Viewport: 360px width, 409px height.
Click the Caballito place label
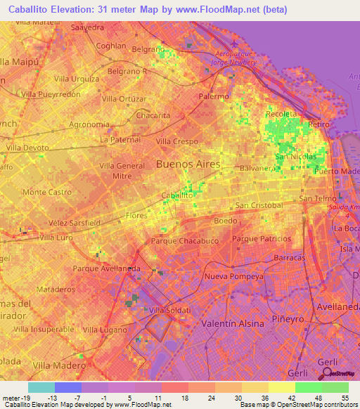point(177,195)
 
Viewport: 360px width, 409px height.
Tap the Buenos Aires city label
point(188,164)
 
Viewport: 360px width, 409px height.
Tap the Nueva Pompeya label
point(233,276)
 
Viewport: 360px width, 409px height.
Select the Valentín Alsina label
point(233,323)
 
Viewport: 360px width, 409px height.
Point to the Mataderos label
point(56,289)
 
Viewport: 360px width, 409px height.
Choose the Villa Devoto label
point(27,148)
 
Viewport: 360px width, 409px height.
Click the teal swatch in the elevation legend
point(41,387)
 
